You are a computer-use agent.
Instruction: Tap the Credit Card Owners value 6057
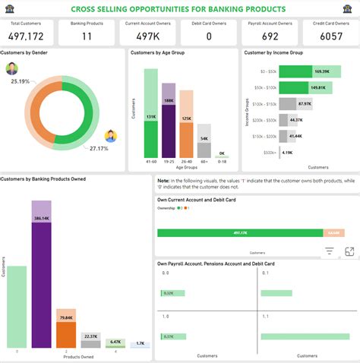pos(329,36)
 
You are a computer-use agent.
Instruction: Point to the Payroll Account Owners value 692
pos(269,36)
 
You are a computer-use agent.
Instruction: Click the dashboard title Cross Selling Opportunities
pos(179,8)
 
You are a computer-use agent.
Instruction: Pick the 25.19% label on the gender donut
pos(21,81)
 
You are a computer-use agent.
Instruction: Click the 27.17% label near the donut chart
pos(99,148)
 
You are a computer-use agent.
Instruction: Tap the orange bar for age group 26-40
pos(186,137)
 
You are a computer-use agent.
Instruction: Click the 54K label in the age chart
pos(204,139)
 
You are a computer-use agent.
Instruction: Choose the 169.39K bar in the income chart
pos(296,71)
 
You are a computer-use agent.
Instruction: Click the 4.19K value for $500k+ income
pos(287,153)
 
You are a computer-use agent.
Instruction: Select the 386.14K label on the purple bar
pos(41,218)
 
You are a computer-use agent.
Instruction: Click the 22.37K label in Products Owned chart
pos(90,336)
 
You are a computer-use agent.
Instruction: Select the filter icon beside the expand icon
pos(329,251)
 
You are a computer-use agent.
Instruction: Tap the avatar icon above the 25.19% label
pos(13,69)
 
